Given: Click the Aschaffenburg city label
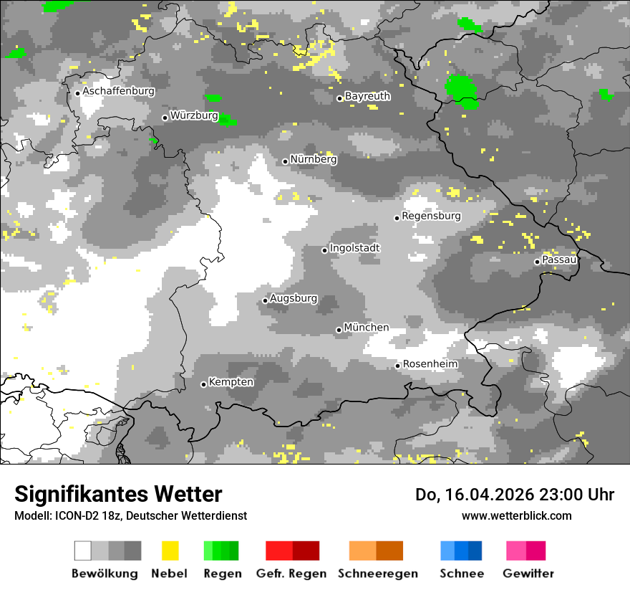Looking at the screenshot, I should point(118,92).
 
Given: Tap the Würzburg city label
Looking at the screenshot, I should point(194,115).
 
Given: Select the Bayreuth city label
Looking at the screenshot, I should point(367,96).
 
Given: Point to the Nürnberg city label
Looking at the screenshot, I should point(313,159).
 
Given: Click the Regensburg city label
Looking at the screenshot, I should point(431,216).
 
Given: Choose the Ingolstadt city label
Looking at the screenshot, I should point(355,248).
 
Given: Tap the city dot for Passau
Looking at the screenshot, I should point(537,262).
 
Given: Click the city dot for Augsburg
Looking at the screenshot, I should point(265,300).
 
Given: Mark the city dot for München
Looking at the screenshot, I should point(339,330).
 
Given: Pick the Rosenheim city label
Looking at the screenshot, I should point(430,364).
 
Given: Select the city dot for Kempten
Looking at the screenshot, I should point(203,384).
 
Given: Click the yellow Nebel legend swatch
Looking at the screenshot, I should point(170,551).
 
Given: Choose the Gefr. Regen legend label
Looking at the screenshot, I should point(291,573).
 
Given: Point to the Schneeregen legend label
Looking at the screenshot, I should point(378,573).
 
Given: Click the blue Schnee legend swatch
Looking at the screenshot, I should point(461,551).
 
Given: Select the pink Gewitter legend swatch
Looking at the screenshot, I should point(526,551).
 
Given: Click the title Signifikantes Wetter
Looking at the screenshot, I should point(118,494).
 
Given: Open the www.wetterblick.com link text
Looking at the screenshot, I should point(516,515).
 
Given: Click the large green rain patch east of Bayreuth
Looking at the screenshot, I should point(462,89).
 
